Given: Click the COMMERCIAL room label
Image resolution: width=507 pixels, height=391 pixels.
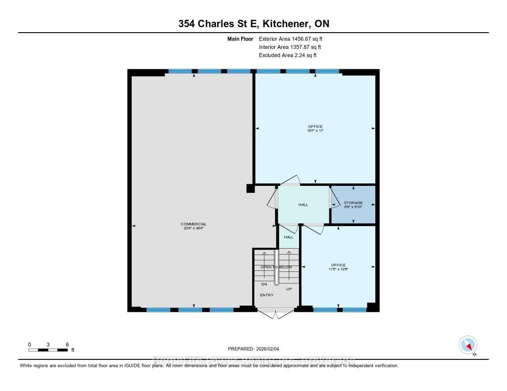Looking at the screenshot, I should (x=193, y=224).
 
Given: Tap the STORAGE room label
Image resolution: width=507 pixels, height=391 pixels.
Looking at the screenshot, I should (x=354, y=203).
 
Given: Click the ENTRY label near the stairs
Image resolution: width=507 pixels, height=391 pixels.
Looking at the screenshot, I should (x=267, y=295).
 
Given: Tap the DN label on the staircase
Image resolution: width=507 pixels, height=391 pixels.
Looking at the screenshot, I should (x=264, y=284).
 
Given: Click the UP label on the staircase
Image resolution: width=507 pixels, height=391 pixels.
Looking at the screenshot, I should (x=289, y=288).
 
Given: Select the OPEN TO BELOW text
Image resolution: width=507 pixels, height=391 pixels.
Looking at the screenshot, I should (x=276, y=267).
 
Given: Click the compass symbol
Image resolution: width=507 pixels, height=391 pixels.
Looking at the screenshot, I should (x=468, y=344).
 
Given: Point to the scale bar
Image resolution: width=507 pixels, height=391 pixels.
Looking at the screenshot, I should (x=48, y=350).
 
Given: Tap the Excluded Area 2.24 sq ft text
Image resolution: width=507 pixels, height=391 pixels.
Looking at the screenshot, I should (x=288, y=55).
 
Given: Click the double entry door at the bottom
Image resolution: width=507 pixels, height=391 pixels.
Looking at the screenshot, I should (x=276, y=313).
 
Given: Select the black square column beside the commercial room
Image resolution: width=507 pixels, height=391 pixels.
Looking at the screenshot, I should (x=251, y=188).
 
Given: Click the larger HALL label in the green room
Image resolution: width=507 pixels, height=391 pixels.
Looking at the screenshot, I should (x=304, y=205).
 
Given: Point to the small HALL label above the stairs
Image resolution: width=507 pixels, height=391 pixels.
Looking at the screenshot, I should (x=289, y=237).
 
